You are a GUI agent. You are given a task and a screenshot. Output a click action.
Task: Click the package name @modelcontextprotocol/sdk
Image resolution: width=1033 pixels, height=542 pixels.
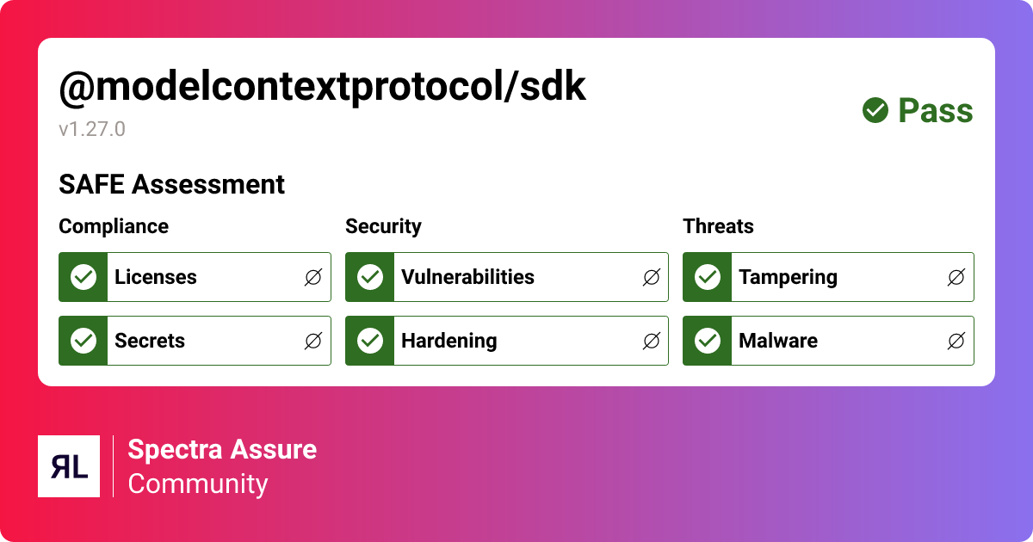(x=322, y=87)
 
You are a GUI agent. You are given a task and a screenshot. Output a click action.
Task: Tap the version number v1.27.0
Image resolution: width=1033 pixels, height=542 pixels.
(x=92, y=130)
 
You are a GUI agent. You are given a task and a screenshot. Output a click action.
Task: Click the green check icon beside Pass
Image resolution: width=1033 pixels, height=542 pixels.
(x=875, y=110)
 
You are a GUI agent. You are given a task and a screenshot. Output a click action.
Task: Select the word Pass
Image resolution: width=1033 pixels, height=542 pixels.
(x=936, y=111)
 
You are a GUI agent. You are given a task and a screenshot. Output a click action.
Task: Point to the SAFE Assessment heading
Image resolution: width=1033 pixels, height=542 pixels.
(x=171, y=184)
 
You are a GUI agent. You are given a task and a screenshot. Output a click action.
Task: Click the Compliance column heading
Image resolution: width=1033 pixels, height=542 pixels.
(x=114, y=226)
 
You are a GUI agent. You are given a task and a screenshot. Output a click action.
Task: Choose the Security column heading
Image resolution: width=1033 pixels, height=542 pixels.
(x=383, y=226)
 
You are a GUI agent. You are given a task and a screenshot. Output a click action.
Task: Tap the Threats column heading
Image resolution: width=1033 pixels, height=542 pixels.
(x=718, y=226)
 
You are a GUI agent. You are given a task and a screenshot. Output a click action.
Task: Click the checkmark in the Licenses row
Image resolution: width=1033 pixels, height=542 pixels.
(x=84, y=277)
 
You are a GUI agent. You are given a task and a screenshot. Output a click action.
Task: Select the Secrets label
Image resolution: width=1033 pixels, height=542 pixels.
(x=150, y=341)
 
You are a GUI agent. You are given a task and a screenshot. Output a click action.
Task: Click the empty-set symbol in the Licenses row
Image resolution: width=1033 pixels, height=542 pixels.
(x=313, y=277)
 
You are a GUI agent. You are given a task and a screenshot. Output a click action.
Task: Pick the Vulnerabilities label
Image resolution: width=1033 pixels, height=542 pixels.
(x=467, y=277)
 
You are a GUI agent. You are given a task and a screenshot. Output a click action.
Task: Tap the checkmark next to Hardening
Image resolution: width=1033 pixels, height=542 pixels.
(x=370, y=341)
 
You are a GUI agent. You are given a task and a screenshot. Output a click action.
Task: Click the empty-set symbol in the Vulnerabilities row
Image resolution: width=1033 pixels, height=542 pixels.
(x=652, y=277)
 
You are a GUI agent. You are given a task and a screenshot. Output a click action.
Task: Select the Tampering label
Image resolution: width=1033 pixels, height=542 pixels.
(x=788, y=277)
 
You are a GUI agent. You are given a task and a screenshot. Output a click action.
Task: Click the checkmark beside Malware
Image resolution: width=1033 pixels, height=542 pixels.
(x=708, y=341)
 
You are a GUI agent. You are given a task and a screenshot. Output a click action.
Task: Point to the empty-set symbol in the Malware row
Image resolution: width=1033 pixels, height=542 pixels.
(x=956, y=341)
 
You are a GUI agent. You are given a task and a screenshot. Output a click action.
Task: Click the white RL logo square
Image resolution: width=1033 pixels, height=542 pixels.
(x=69, y=466)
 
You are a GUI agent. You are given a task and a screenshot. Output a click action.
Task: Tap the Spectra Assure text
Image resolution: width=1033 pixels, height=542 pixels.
(x=222, y=449)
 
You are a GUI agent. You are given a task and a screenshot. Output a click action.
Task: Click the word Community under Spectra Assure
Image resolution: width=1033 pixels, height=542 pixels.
(x=198, y=483)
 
